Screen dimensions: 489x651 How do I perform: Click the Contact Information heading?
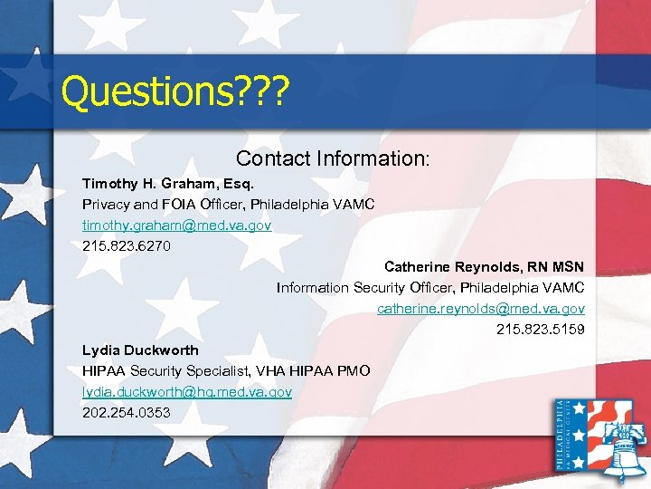(x=334, y=158)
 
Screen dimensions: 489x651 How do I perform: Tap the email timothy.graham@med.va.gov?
(x=176, y=224)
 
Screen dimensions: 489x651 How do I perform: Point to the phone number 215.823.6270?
(x=126, y=244)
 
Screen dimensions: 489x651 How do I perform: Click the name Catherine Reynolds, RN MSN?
(x=484, y=266)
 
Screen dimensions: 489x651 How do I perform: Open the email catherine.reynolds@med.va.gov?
(x=480, y=308)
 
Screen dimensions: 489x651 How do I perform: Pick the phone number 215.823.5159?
(x=540, y=329)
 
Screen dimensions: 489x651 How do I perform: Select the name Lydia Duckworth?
(x=140, y=350)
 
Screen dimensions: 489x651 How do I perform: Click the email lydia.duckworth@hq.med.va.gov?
(x=187, y=391)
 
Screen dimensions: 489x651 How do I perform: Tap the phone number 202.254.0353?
(x=126, y=412)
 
